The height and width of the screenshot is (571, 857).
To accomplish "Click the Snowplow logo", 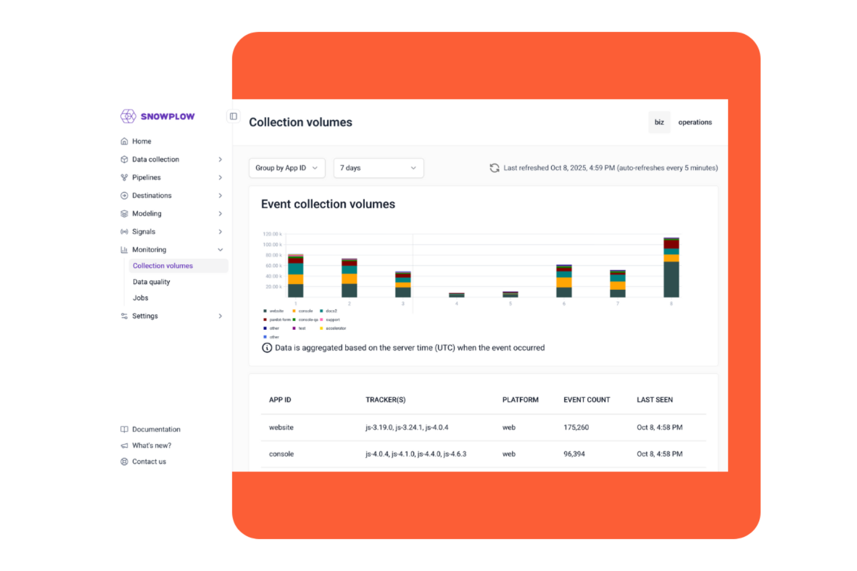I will tap(158, 116).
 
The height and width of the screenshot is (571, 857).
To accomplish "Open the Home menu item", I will tap(141, 141).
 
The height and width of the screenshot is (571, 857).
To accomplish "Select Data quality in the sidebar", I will tap(151, 282).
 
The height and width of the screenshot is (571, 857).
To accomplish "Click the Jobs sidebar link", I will tap(141, 298).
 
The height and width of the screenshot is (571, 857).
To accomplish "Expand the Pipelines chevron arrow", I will tap(220, 178).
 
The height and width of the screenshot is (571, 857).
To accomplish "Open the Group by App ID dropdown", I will tap(287, 168).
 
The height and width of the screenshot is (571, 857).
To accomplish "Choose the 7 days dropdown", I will tap(378, 168).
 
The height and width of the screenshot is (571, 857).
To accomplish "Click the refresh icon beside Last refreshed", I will tap(495, 168).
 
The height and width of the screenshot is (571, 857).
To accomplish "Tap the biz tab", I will tap(659, 122).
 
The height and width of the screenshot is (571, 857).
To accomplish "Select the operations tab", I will tap(695, 122).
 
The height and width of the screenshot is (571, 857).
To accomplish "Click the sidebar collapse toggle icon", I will tap(233, 116).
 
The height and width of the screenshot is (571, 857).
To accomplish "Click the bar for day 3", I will tap(403, 285).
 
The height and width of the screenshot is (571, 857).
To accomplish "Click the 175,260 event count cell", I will tap(576, 428).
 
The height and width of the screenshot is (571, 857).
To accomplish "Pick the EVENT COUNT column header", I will tap(587, 400).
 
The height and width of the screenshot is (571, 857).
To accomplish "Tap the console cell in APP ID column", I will tap(281, 454).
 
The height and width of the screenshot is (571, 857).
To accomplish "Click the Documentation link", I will tap(156, 429).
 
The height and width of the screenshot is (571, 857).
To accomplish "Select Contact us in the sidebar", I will tap(149, 462).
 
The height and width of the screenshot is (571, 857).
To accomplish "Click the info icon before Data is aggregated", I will tap(267, 348).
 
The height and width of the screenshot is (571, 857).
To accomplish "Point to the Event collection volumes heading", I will tap(328, 204).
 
